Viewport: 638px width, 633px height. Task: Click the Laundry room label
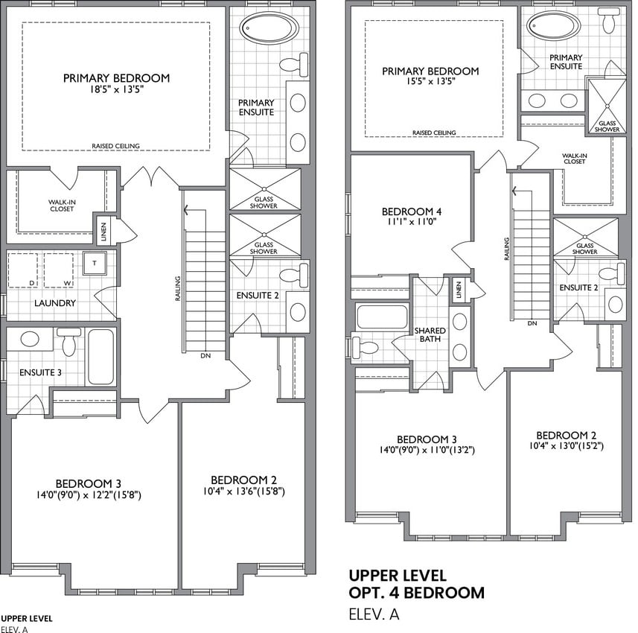[x=55, y=303]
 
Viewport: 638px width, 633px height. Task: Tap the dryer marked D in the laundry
[x=23, y=270]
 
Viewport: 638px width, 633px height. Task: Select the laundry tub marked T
[x=95, y=263]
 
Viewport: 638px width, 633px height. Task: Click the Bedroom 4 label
[x=412, y=211]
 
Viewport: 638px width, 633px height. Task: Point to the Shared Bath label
[x=430, y=334]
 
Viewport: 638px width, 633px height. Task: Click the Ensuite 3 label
[x=40, y=372]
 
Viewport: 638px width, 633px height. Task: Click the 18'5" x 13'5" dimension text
[x=116, y=89]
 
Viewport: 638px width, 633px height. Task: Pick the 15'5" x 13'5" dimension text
[x=430, y=81]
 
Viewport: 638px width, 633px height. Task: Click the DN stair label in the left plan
[x=205, y=356]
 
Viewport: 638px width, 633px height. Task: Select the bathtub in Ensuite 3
[x=101, y=357]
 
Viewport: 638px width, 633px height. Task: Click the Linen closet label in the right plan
[x=459, y=290]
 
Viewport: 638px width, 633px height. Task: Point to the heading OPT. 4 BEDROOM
[x=417, y=593]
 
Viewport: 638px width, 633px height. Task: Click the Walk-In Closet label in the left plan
[x=62, y=206]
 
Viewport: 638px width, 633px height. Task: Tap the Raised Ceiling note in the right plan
[x=434, y=133]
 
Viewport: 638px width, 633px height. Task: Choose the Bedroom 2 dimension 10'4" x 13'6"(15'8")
[x=243, y=492]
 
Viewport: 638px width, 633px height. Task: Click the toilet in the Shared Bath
[x=366, y=347]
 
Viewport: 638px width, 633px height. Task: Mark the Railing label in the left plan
[x=178, y=289]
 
